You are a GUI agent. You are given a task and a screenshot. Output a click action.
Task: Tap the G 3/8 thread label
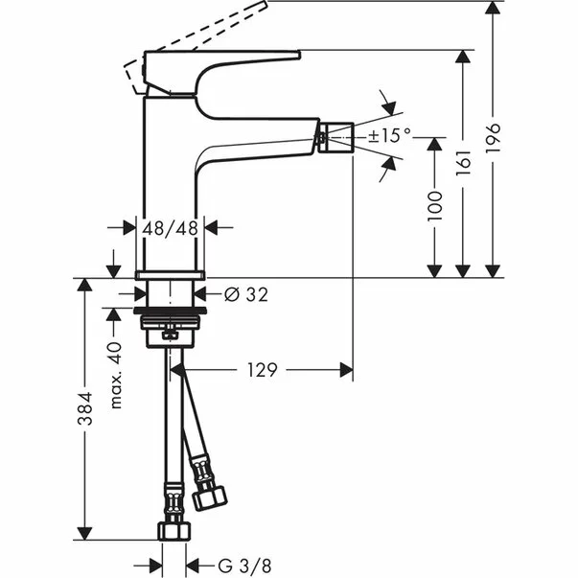pyautogui.click(x=225, y=565)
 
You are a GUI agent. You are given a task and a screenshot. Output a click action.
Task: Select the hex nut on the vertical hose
pyautogui.click(x=174, y=530)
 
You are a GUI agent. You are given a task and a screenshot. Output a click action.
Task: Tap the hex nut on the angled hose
pyautogui.click(x=209, y=497)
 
